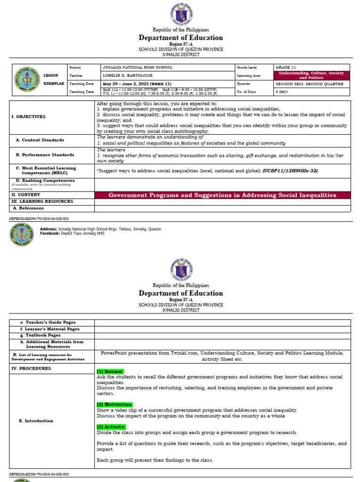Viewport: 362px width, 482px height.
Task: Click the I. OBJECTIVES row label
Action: (x=29, y=116)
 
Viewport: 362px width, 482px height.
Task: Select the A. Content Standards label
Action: (x=40, y=140)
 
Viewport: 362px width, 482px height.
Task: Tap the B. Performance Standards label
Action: (x=44, y=154)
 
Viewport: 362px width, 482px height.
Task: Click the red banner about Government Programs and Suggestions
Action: (x=222, y=195)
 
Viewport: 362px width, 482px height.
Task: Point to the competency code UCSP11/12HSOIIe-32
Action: (x=290, y=171)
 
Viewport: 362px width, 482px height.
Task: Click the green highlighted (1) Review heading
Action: (x=110, y=371)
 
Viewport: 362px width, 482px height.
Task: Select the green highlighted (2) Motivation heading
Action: (x=115, y=404)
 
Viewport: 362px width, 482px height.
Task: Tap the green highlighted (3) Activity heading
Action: (x=111, y=426)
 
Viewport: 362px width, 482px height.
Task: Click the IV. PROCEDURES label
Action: (x=31, y=369)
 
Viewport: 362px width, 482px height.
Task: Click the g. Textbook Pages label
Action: (x=44, y=335)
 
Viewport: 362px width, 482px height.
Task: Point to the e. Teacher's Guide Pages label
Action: (x=48, y=322)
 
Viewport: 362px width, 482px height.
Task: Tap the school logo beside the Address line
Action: (x=22, y=235)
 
